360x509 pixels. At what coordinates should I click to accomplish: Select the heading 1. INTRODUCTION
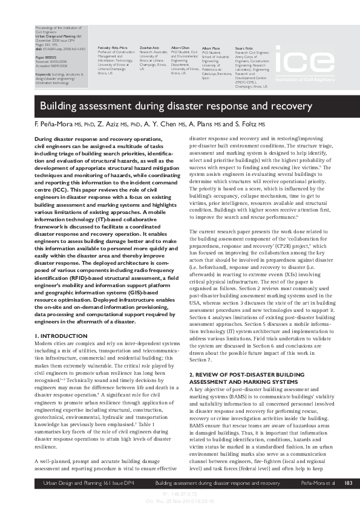59,335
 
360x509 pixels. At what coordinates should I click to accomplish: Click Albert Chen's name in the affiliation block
180,47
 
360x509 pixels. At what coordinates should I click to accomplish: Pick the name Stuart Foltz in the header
244,47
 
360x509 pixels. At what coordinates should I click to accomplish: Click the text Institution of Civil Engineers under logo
305,79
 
